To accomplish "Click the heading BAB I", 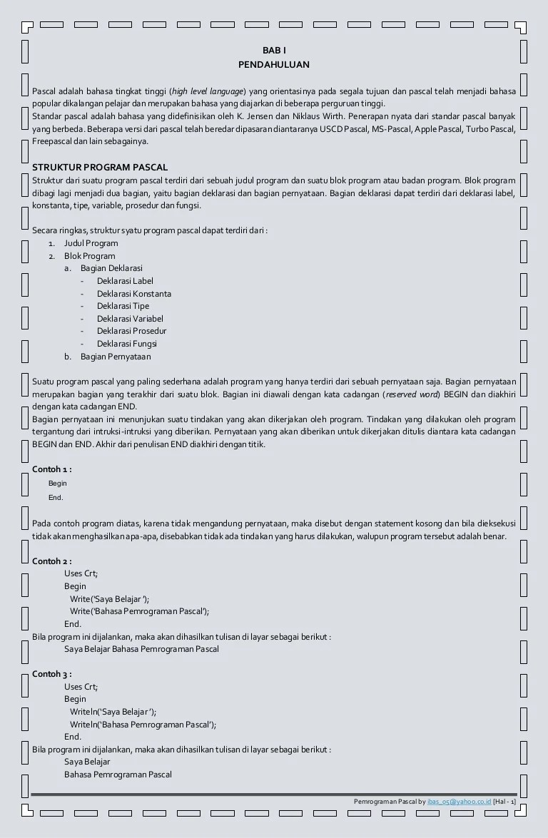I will point(274,51).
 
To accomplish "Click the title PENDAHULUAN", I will point(274,64).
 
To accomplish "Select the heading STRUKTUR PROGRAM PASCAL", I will point(100,167).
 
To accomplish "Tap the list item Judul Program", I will point(91,243).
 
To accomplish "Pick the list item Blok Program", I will point(89,256).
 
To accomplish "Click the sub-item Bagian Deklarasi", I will point(111,268).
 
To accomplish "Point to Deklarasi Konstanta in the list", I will point(134,294).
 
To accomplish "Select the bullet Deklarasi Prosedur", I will point(132,331).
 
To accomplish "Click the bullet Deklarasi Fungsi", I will point(127,344).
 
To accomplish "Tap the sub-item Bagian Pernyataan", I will point(116,357).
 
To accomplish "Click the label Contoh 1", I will point(51,469).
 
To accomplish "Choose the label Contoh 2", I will point(51,561).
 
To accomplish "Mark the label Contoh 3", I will point(51,674).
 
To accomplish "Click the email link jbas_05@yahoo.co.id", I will point(460,802).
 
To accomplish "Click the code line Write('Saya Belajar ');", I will point(110,599).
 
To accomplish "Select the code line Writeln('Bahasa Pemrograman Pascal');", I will point(143,724).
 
